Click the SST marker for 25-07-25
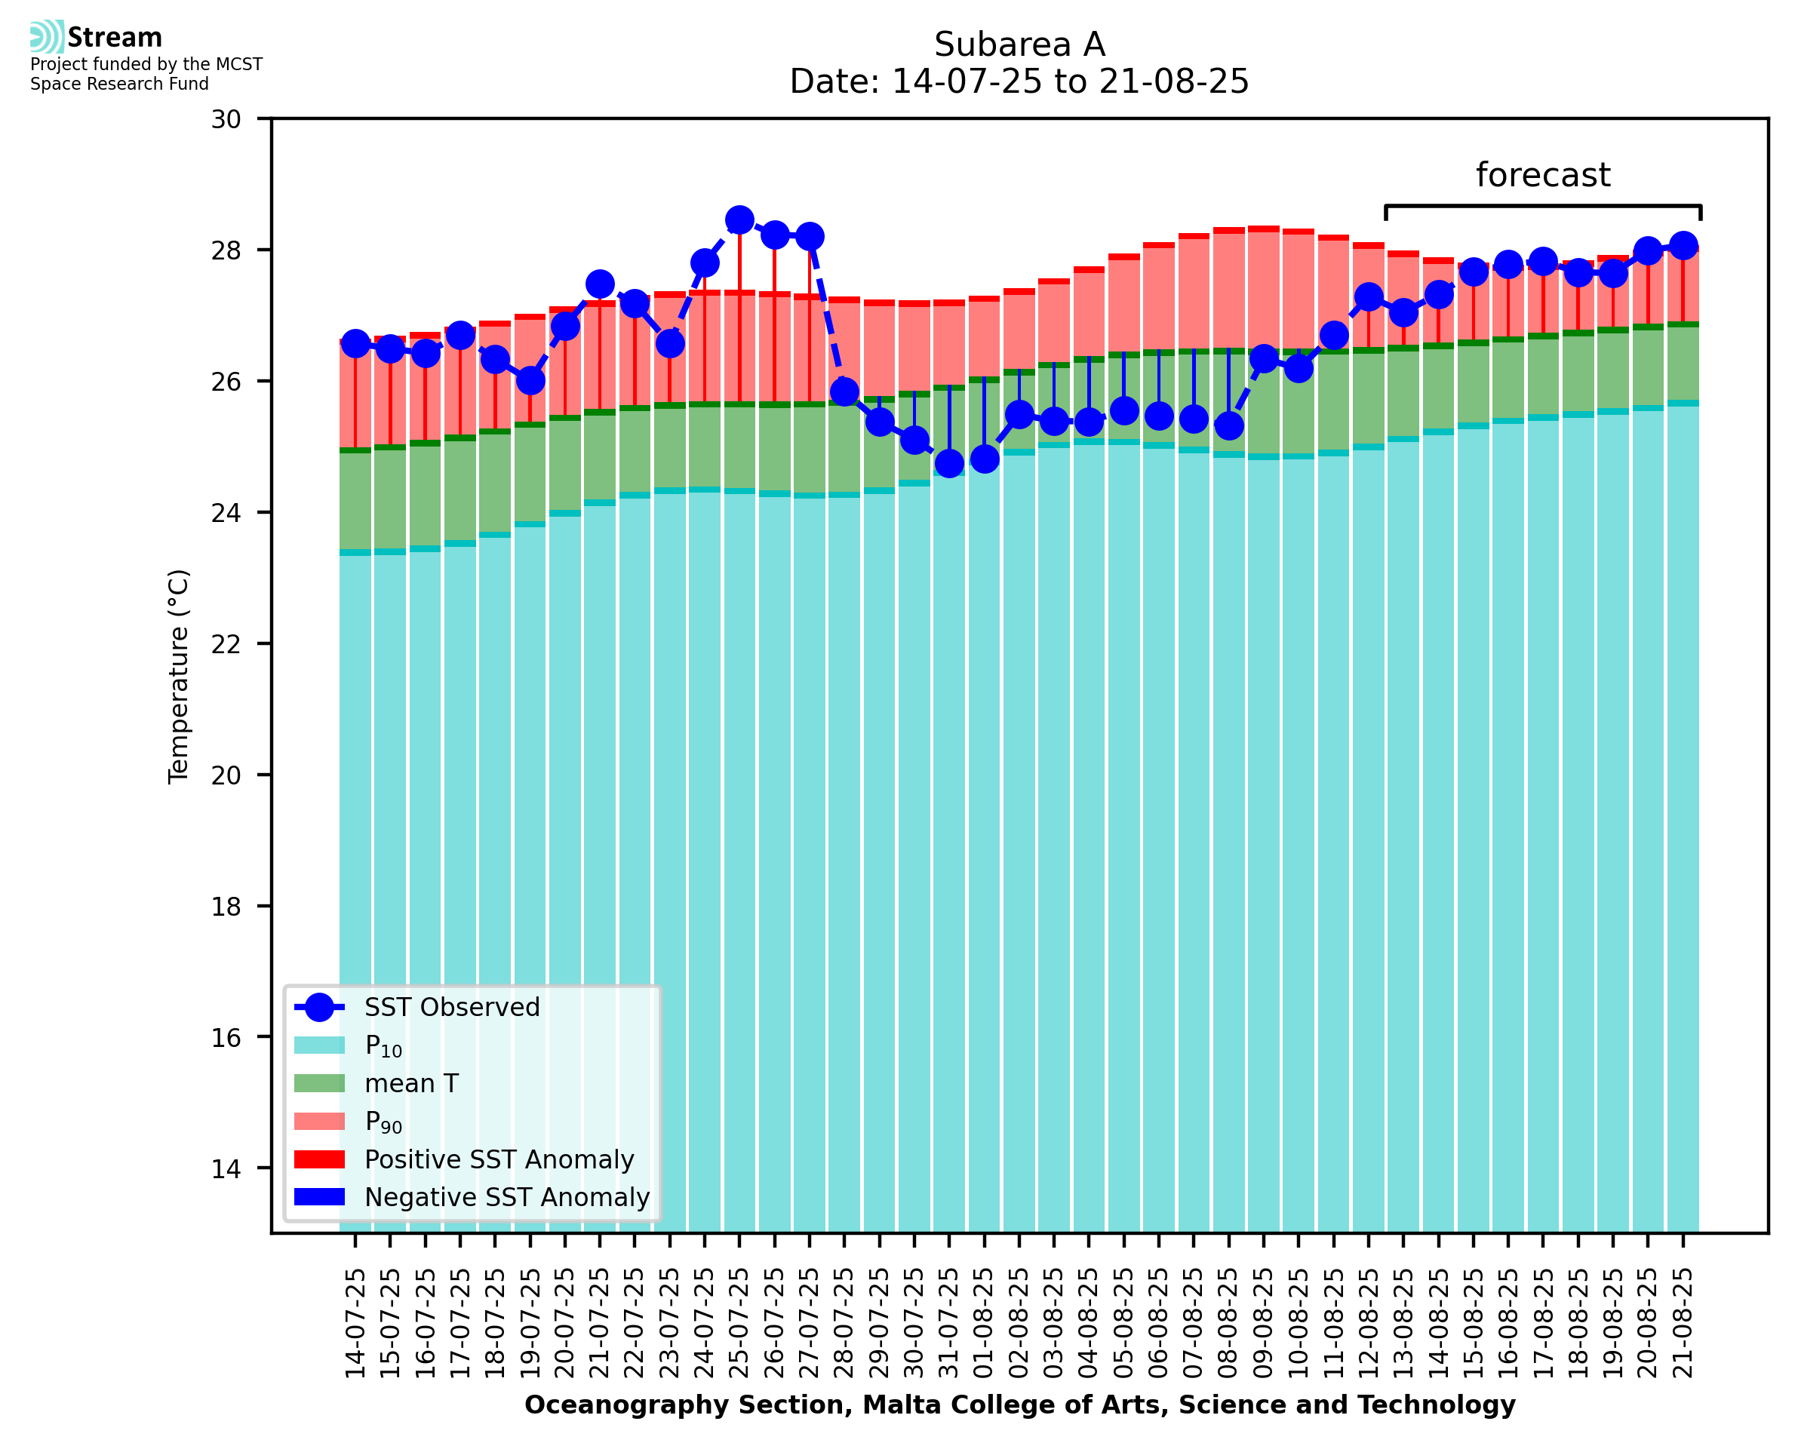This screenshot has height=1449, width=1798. tap(739, 220)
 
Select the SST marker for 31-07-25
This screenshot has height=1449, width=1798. tap(949, 463)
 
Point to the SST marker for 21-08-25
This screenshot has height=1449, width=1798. tap(1683, 246)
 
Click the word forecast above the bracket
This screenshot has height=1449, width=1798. tap(1542, 175)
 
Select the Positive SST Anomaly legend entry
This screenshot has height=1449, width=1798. tap(498, 1159)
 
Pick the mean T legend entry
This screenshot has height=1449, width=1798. tap(410, 1083)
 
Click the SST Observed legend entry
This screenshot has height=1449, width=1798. tap(452, 1008)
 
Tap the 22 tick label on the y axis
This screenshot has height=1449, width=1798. tap(226, 644)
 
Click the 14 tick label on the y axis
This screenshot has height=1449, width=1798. tap(226, 1168)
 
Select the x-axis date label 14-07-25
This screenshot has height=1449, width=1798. tap(355, 1323)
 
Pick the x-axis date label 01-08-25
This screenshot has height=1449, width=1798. tap(984, 1323)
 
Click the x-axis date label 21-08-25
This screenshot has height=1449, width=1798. tap(1683, 1323)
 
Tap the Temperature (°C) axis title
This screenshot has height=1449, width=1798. tap(179, 677)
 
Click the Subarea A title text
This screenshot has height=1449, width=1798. tap(1019, 45)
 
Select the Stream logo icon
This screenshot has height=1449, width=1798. tap(47, 37)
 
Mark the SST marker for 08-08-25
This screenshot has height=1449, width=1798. tap(1228, 425)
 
